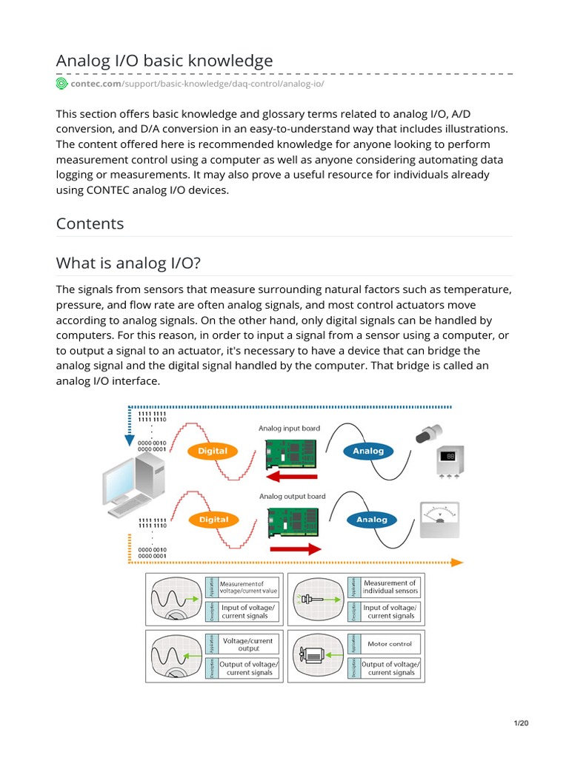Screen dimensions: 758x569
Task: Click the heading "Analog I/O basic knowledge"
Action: coord(164,61)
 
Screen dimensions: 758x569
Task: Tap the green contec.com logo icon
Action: coord(61,84)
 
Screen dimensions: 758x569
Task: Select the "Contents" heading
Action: coord(90,224)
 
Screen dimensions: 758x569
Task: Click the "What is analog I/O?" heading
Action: coord(128,263)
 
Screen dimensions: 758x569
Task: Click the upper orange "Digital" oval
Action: coord(213,451)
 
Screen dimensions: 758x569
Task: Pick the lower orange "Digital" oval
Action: coord(213,520)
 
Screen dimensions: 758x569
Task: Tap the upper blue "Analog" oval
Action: coord(368,451)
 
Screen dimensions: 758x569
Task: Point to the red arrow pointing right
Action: coord(295,549)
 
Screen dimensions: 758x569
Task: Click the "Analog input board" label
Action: coord(289,428)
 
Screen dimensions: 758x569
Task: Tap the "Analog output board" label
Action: coord(291,496)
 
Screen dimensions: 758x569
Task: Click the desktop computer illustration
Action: coord(133,485)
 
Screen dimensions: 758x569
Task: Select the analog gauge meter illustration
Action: coord(439,520)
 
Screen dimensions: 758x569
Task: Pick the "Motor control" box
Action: coord(390,644)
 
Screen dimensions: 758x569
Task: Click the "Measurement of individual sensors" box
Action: coord(390,587)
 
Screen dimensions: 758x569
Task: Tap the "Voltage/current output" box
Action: coord(248,644)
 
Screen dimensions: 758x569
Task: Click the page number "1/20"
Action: coord(522,723)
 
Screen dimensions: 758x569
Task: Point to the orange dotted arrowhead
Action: coord(456,563)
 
